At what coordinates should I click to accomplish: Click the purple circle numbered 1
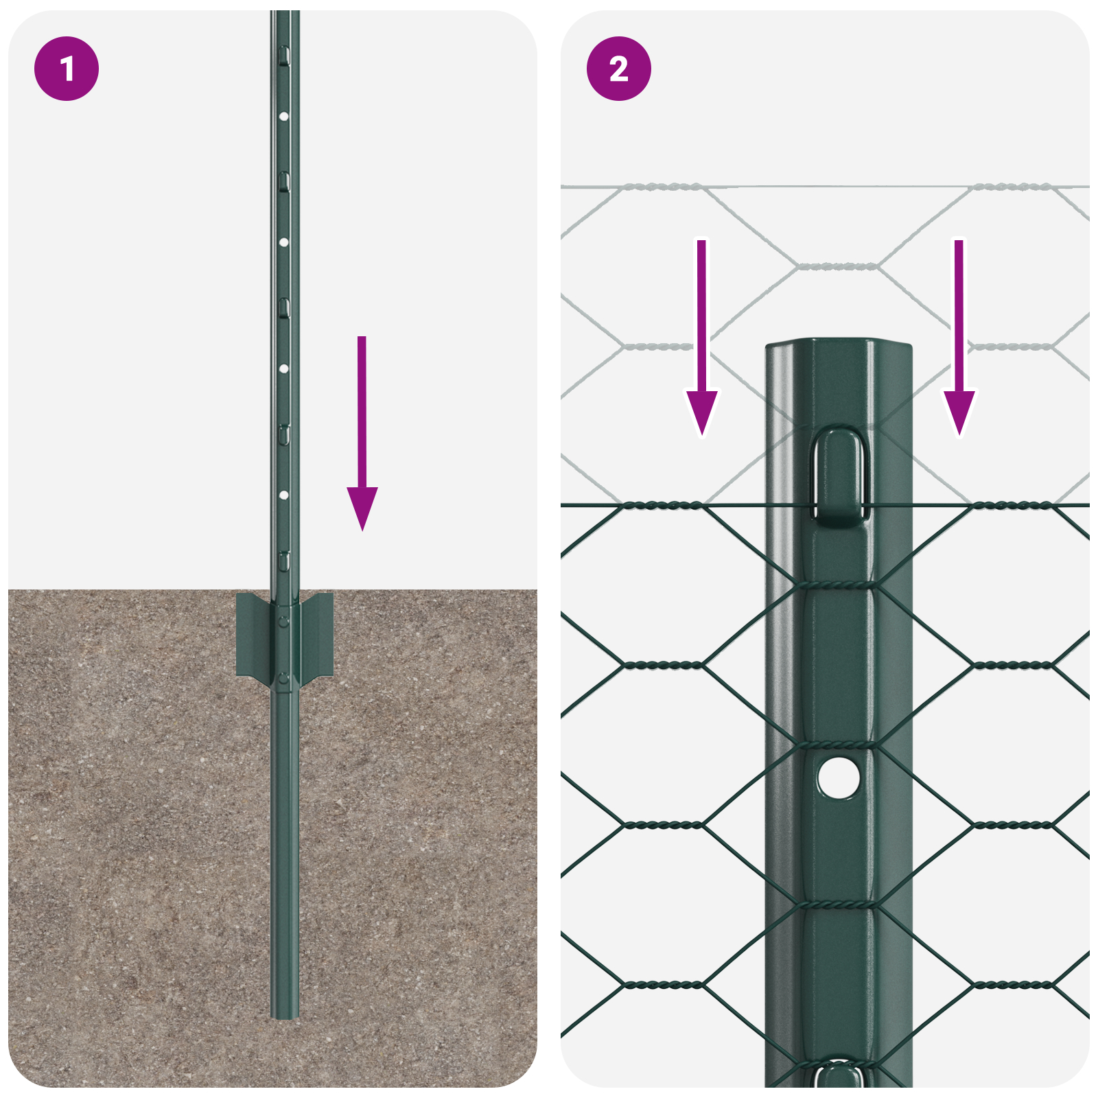point(67,69)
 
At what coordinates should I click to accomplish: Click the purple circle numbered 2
point(618,69)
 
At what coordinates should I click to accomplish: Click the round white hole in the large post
point(839,778)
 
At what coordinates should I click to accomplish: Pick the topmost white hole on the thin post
point(283,117)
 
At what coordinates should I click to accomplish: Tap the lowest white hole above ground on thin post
point(283,495)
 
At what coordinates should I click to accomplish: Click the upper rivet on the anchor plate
point(283,621)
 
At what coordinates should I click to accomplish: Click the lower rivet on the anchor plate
point(283,679)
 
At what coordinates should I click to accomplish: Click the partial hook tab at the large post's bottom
point(839,1075)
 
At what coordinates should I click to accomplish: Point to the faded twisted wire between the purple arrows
point(837,266)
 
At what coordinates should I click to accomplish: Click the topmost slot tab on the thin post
point(284,55)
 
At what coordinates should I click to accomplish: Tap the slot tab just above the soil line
point(284,560)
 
